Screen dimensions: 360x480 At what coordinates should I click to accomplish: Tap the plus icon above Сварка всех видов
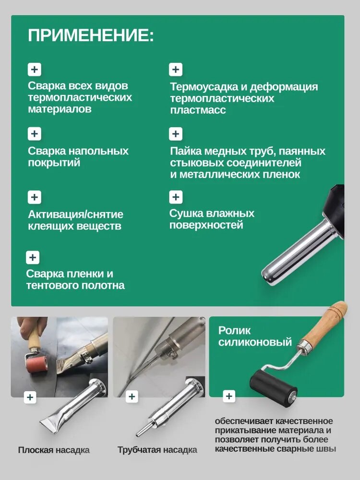coord(35,70)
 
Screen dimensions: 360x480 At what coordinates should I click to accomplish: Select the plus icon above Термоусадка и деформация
coord(176,70)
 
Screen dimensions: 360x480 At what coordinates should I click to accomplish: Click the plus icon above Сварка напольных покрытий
coord(35,134)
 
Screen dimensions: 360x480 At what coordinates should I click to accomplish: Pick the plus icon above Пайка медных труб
coord(176,134)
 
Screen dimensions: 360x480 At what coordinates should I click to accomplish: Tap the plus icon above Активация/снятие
coord(35,197)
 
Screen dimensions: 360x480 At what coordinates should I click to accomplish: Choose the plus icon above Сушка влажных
coord(176,197)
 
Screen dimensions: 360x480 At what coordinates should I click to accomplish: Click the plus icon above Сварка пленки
coord(33,257)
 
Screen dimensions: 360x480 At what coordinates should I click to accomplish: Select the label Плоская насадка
coord(54,450)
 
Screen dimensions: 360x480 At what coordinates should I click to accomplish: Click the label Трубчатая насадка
coord(157,450)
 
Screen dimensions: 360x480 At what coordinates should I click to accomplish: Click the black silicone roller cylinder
coord(274,388)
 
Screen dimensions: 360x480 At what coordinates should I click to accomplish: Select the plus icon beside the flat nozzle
coord(30,397)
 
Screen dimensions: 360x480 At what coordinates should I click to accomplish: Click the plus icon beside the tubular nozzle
coord(132,397)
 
